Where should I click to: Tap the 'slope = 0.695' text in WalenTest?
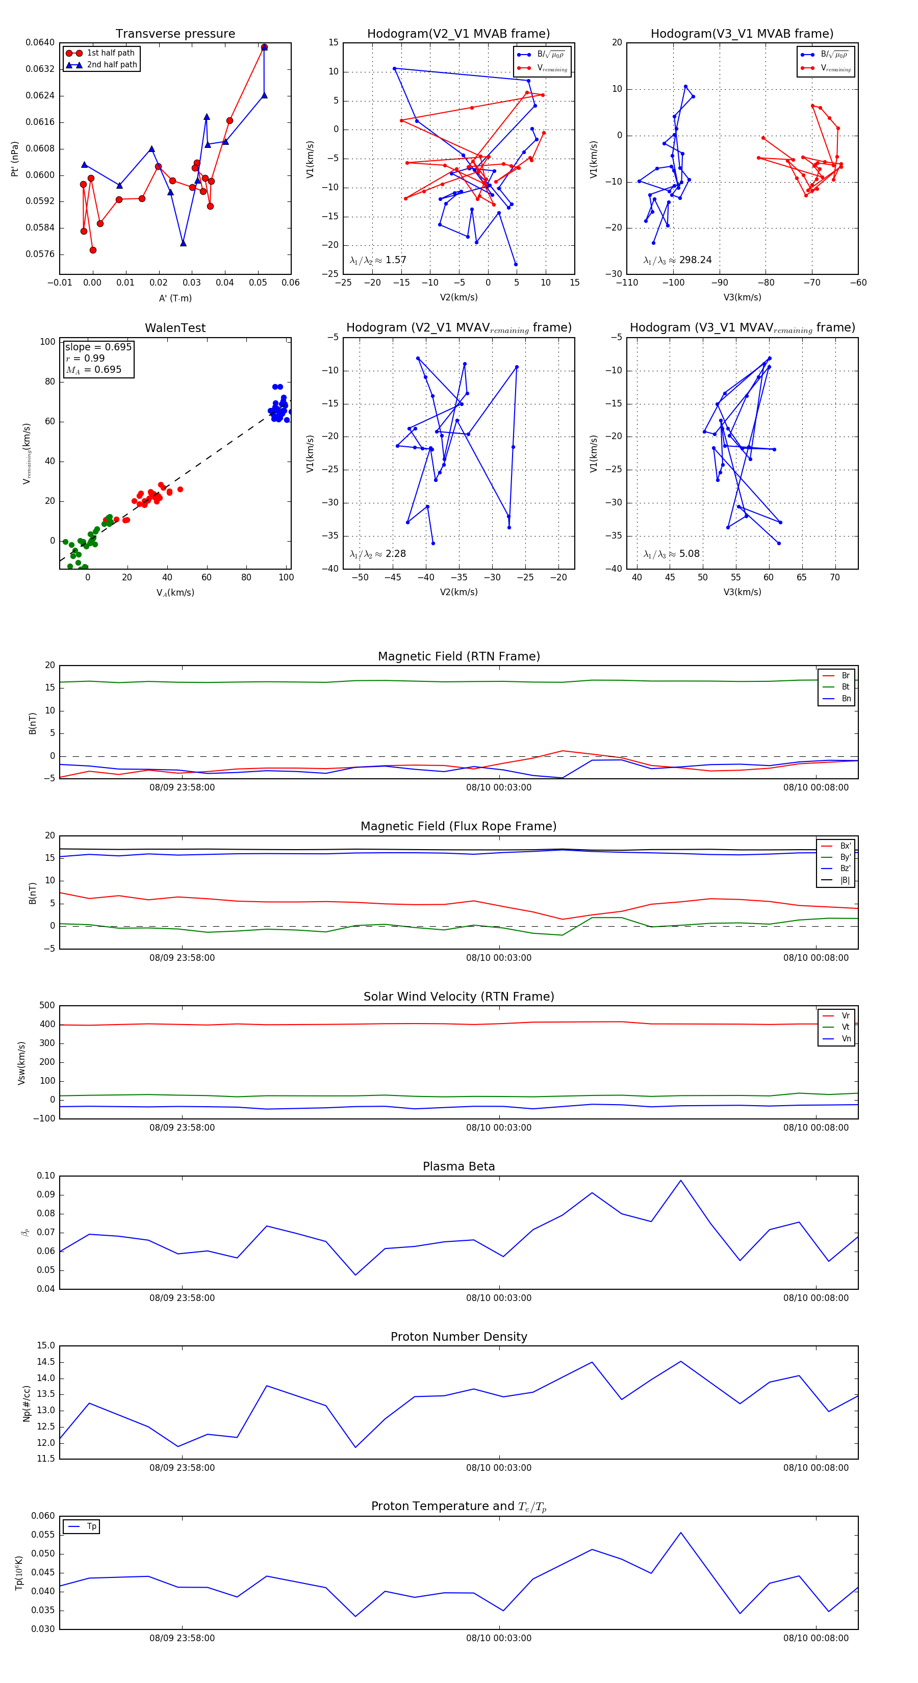coord(98,347)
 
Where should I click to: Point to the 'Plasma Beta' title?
coord(458,1166)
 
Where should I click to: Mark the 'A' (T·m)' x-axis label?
coord(175,298)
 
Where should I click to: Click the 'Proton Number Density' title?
coord(458,1337)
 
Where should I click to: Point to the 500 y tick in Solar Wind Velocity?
coord(46,1006)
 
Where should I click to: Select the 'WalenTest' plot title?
coord(175,328)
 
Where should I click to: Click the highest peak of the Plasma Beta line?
coord(680,1181)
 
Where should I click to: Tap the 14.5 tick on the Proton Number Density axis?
coord(46,1362)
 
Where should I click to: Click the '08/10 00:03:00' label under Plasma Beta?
coord(499,1298)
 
